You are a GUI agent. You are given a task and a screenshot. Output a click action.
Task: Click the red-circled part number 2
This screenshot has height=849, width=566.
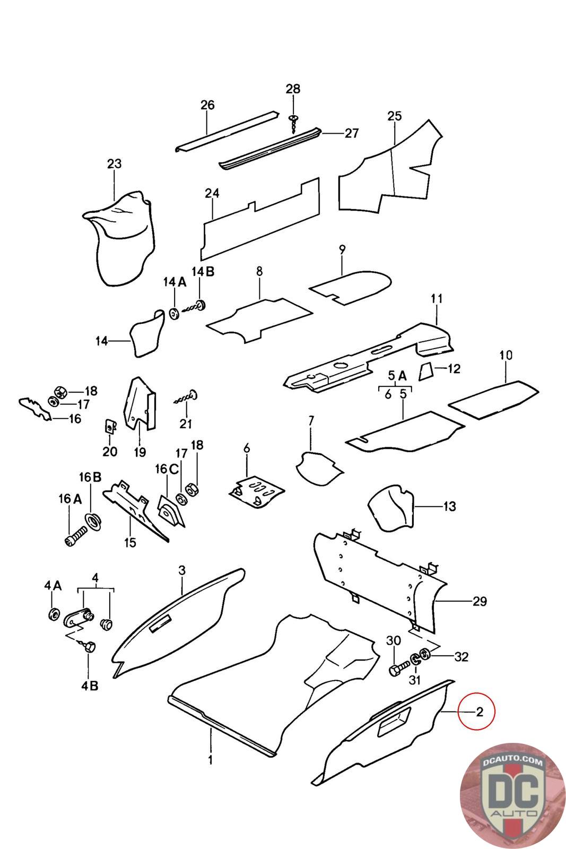click(479, 712)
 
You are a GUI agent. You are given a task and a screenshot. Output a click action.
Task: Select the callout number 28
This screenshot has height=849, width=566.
click(293, 89)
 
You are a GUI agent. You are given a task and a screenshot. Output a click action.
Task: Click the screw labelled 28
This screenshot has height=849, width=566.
click(293, 122)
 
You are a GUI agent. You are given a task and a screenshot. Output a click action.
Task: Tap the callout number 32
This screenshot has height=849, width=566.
click(461, 656)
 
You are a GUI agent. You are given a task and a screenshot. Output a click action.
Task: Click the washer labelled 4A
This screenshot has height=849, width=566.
click(53, 614)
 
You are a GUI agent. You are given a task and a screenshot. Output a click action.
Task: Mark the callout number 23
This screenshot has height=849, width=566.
click(115, 163)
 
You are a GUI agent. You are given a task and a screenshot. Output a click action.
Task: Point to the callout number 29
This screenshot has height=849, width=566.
click(480, 601)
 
